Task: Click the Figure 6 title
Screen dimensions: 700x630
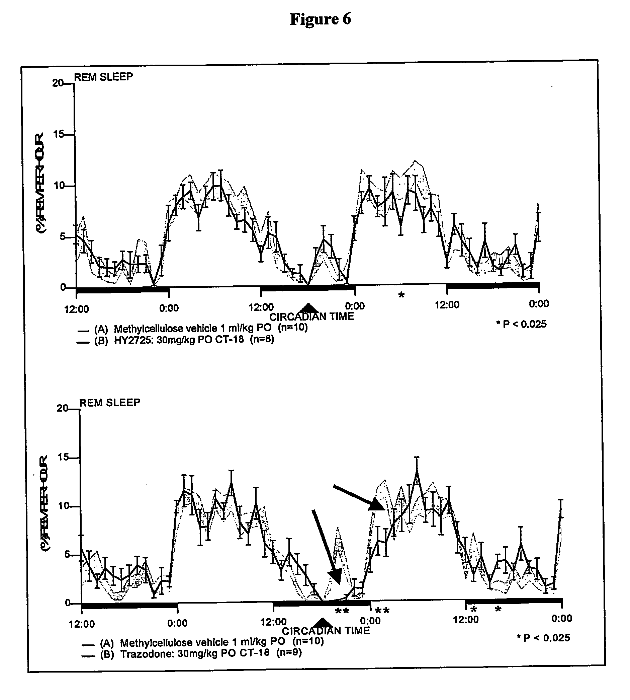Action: (x=320, y=19)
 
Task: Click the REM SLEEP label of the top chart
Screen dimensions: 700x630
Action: (x=103, y=77)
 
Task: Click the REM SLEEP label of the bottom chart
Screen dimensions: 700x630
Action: (x=110, y=403)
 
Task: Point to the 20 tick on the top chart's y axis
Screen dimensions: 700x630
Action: (x=58, y=83)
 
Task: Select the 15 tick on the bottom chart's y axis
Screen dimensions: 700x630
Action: (x=63, y=458)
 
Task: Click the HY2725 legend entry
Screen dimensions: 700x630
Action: (x=184, y=340)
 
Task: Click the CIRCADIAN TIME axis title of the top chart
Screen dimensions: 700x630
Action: (x=311, y=317)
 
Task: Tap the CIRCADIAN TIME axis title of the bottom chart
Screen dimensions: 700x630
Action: (x=326, y=631)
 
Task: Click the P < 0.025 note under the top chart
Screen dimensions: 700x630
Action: (x=521, y=324)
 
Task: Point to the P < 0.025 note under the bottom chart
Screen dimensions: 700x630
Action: (x=543, y=638)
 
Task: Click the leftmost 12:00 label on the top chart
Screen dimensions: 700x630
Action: (x=77, y=309)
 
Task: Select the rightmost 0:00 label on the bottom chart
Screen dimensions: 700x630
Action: (x=561, y=619)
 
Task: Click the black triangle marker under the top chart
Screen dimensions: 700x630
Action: (x=308, y=308)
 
